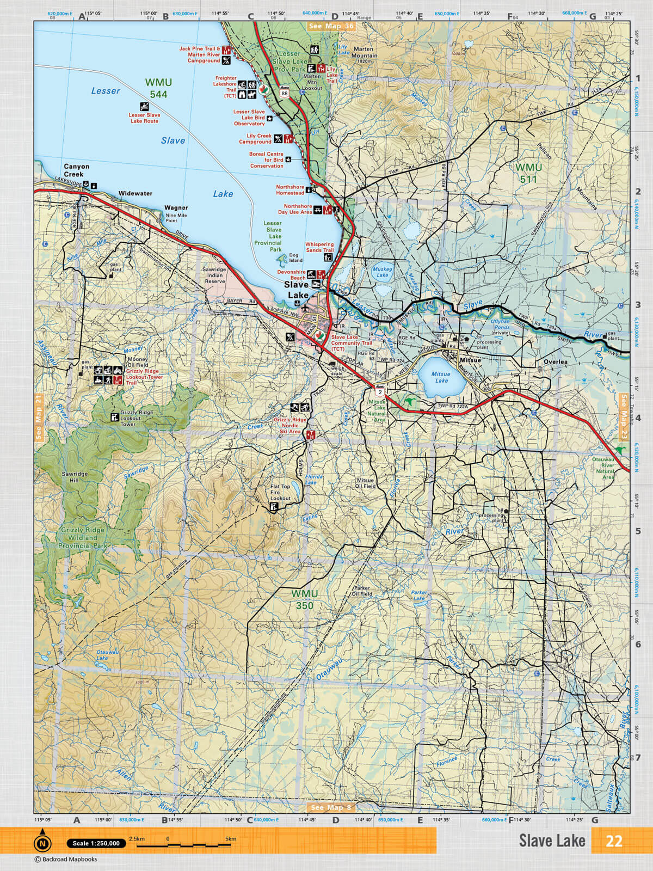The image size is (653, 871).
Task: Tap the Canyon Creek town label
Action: coord(76,170)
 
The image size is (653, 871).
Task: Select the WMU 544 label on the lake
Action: coord(158,88)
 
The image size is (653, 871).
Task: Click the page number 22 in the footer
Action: coord(614,841)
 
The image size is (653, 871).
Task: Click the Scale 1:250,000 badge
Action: coord(96,843)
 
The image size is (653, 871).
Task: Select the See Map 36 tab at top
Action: coord(330,26)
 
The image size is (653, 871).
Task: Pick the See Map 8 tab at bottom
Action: coord(330,807)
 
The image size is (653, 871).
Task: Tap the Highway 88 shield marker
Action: coord(285,93)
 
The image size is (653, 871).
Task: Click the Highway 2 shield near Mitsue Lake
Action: coord(379,390)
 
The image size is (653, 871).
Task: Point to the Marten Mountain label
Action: coord(365,52)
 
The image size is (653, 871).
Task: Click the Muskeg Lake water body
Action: coord(383,272)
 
